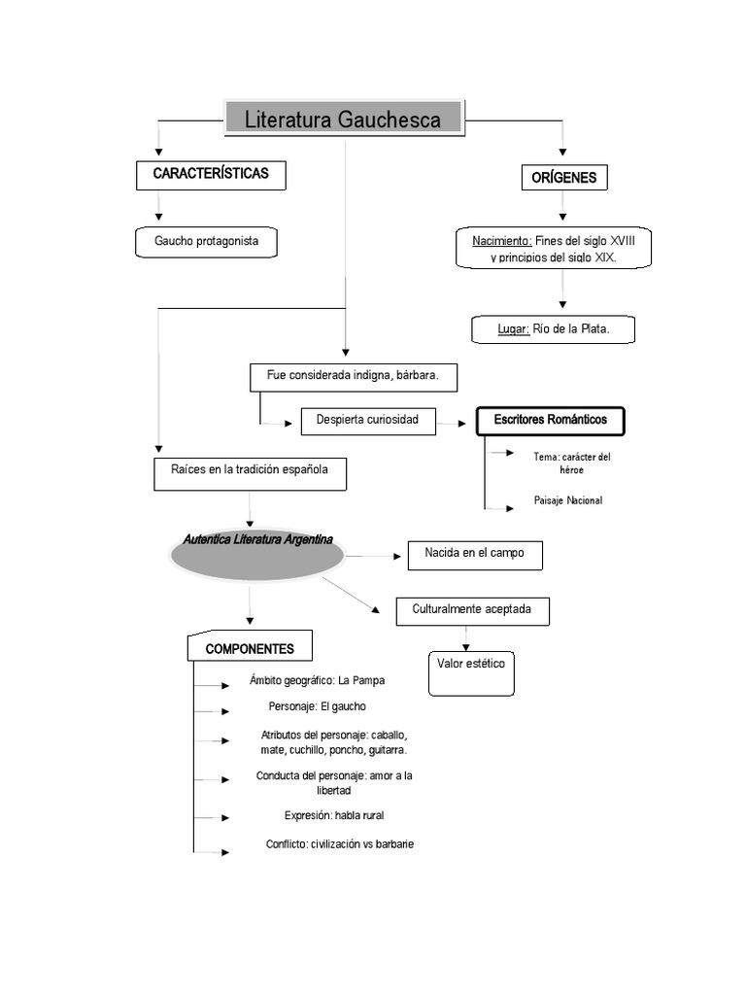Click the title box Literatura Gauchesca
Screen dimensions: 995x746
tap(344, 120)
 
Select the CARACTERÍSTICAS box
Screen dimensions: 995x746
tap(211, 174)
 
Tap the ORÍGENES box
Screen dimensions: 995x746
tap(563, 178)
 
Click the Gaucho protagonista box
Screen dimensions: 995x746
tap(206, 241)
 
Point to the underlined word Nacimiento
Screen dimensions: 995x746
tap(501, 240)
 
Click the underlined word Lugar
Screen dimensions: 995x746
tap(513, 329)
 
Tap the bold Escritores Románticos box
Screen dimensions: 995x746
tap(551, 420)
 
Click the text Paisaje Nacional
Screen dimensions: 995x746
tap(568, 500)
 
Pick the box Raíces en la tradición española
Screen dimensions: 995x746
tap(250, 470)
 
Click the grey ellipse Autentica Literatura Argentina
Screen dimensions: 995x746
tap(257, 554)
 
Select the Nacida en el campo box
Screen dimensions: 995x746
tap(474, 554)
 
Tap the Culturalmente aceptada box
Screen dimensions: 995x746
tap(472, 610)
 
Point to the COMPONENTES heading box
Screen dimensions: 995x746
tap(251, 649)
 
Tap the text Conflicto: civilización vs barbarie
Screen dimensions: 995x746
tap(340, 844)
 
